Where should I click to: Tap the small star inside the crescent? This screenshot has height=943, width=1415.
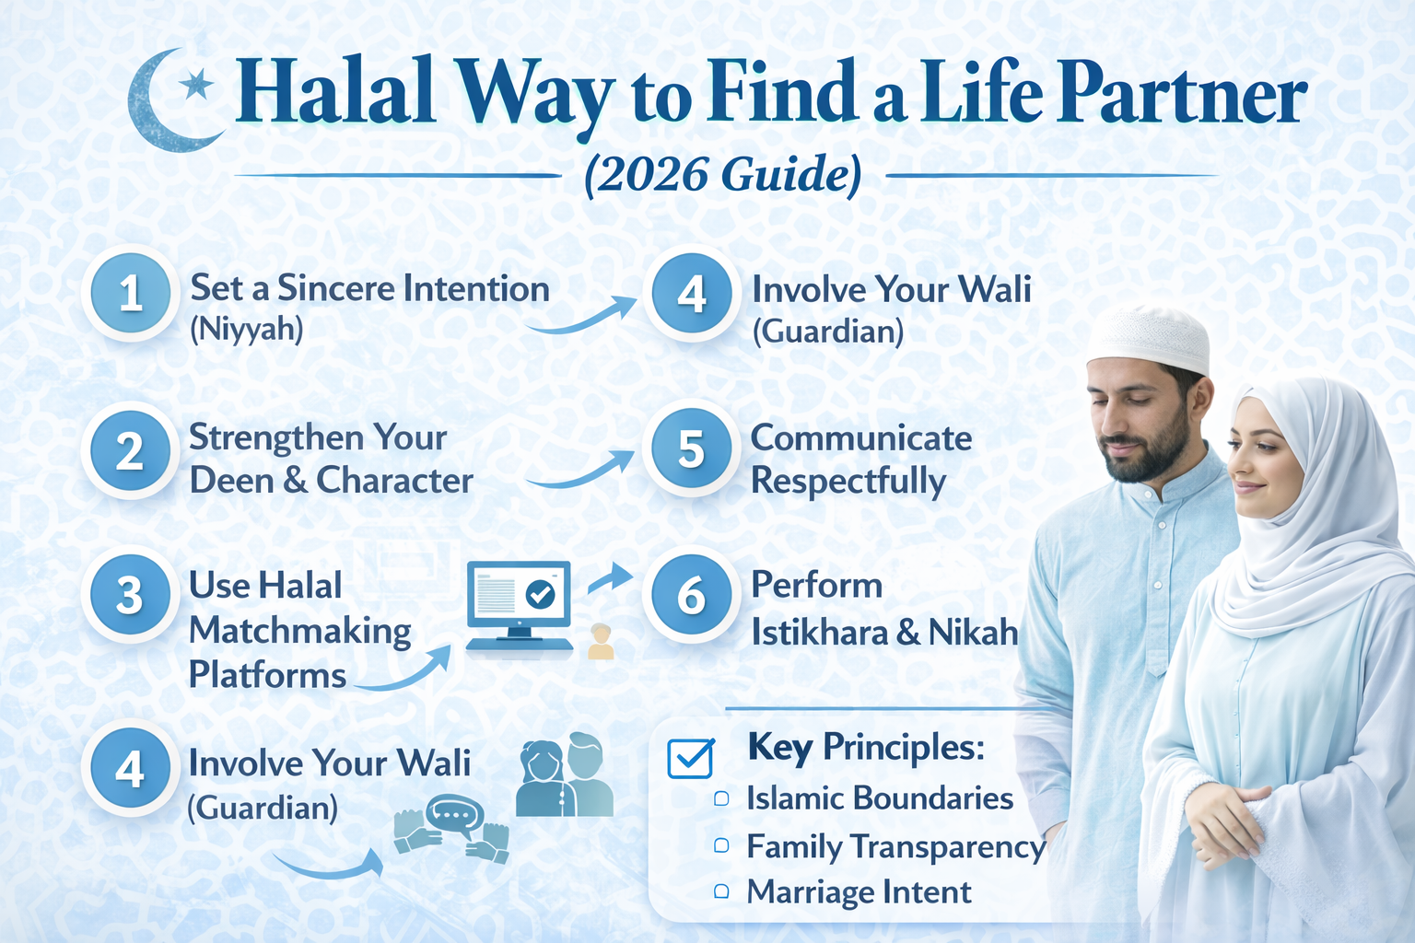coord(195,86)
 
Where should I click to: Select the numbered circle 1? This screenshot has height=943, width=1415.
coord(130,293)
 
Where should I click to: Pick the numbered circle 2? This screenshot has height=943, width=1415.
coord(130,451)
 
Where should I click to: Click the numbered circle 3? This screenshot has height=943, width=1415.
coord(130,595)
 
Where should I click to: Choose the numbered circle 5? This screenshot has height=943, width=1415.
coord(691,449)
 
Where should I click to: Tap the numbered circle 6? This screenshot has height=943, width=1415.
coord(691,595)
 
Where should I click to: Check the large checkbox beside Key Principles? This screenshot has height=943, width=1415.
coord(690,758)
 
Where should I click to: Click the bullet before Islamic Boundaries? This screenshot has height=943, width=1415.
coord(721,798)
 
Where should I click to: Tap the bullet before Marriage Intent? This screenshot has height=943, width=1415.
coord(721,891)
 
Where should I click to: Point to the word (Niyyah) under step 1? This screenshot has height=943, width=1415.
coord(246,329)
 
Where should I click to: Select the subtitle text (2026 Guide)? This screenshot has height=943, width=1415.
coord(723,174)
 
